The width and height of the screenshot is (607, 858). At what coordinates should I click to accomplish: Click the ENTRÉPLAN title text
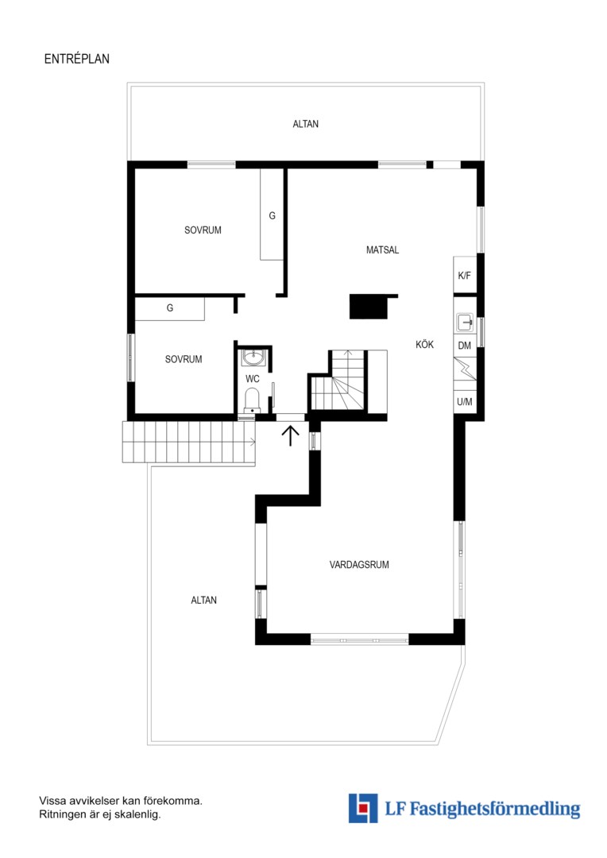click(76, 59)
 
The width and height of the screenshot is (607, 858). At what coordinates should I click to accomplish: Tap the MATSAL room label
click(383, 250)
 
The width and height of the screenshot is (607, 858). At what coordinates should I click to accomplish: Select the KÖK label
click(425, 344)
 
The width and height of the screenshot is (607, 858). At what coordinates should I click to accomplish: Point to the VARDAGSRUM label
click(359, 565)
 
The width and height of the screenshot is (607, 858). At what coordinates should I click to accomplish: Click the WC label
click(253, 379)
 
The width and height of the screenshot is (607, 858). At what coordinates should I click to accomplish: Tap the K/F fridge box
click(465, 275)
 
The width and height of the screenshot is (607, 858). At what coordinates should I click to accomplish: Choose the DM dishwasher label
click(465, 346)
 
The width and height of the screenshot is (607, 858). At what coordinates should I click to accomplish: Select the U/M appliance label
click(465, 402)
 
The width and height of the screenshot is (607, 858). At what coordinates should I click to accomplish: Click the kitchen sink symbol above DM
click(465, 323)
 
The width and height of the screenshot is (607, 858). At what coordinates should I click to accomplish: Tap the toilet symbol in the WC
click(252, 400)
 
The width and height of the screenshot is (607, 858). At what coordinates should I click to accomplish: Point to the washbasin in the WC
click(253, 357)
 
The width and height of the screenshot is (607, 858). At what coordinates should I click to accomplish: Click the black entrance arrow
click(291, 436)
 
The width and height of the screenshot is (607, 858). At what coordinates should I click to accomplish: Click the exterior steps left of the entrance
click(189, 443)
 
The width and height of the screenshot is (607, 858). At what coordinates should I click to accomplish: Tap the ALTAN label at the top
click(305, 124)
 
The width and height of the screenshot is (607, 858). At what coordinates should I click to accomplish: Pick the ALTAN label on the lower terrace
click(203, 601)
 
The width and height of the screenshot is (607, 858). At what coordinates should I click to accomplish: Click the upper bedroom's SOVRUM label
click(203, 230)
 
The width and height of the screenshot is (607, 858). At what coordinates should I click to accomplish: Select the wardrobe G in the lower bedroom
click(170, 308)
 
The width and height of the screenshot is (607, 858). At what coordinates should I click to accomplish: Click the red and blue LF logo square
click(363, 808)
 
